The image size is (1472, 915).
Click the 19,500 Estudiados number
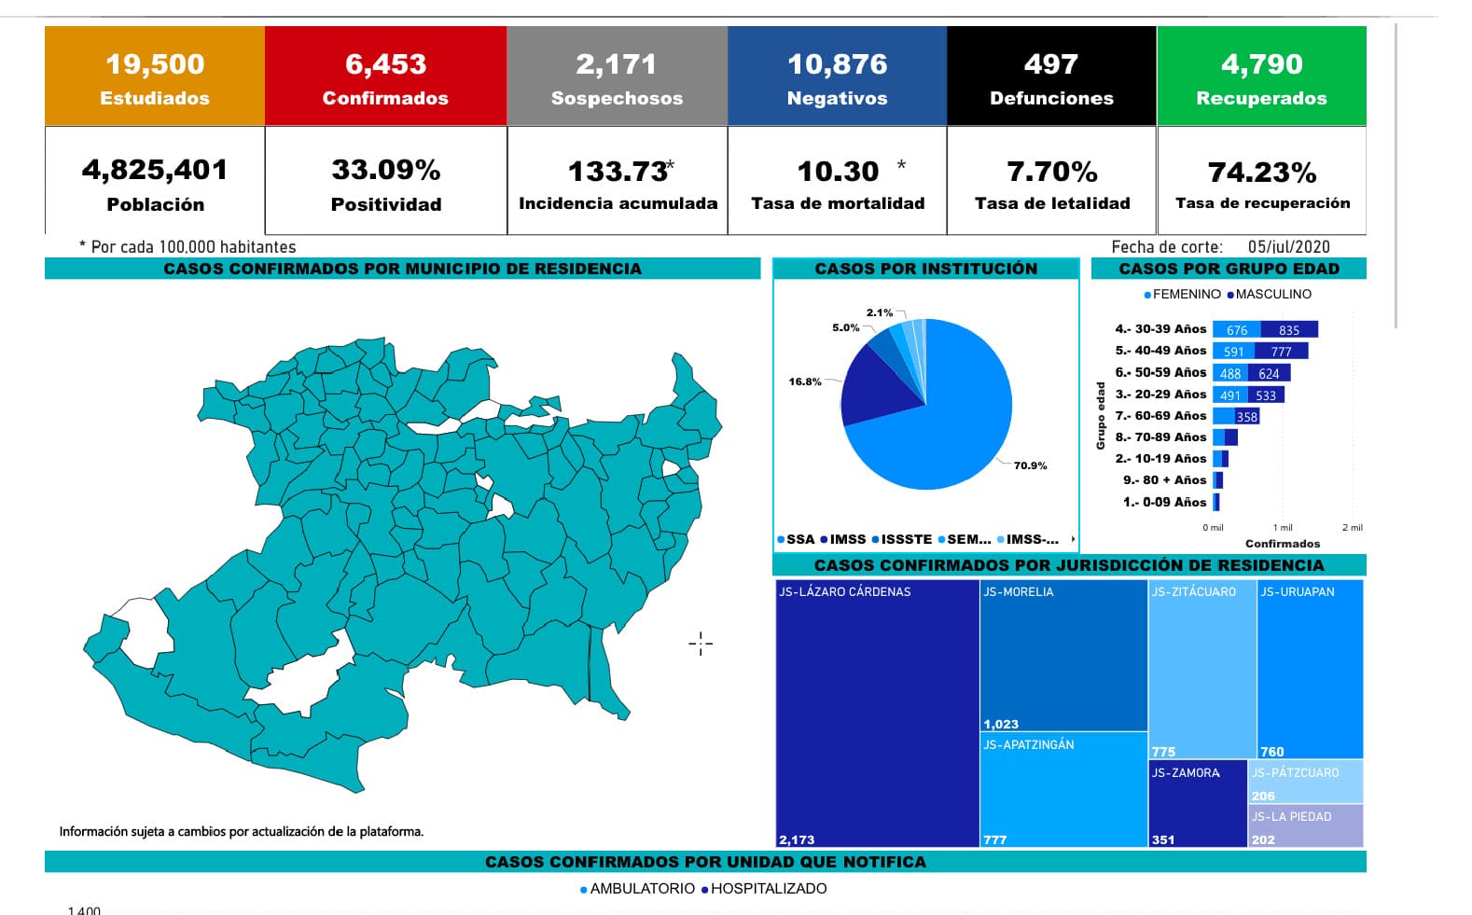155,64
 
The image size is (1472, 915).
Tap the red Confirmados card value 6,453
385,64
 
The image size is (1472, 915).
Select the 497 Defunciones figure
1051,64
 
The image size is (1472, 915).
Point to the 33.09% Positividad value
386,170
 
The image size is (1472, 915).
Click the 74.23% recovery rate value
1262,173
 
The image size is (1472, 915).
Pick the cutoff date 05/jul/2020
1288,247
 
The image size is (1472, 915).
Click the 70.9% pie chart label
1030,465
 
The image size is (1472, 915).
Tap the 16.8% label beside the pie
805,381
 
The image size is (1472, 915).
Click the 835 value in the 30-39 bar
1289,330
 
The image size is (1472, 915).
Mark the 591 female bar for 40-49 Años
1234,352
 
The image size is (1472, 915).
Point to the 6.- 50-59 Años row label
1160,372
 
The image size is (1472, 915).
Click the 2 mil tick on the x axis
1352,528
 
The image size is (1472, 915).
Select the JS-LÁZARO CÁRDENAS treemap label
845,591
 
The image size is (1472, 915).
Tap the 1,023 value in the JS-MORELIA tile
1001,724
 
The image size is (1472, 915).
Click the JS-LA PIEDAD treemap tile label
1291,816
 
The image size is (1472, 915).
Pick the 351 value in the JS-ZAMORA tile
1163,839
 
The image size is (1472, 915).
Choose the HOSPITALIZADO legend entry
768,889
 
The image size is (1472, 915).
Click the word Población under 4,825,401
155,204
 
